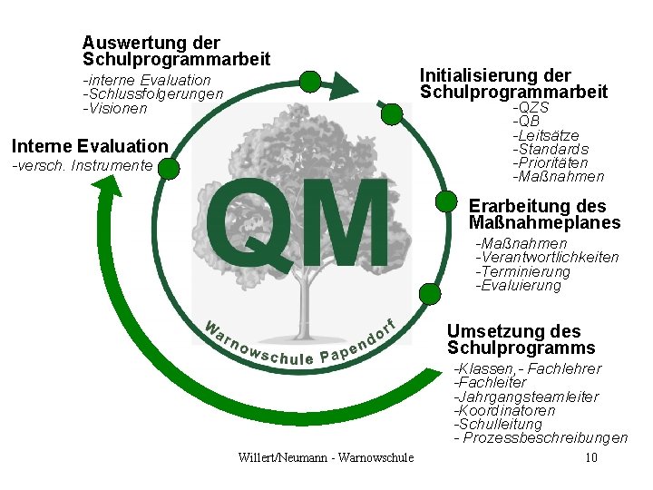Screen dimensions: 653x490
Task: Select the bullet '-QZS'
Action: (x=531, y=108)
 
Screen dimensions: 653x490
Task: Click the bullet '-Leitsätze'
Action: (x=546, y=135)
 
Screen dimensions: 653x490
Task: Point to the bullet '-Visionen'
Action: (x=114, y=108)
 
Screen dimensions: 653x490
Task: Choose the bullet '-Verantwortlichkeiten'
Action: (x=547, y=258)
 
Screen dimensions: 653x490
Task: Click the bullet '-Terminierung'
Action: (x=523, y=271)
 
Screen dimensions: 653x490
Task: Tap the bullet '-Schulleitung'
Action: (x=498, y=424)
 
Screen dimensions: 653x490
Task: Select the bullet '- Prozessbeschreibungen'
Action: (x=541, y=438)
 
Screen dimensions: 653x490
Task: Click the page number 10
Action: (x=591, y=457)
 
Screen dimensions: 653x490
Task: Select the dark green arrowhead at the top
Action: (x=341, y=86)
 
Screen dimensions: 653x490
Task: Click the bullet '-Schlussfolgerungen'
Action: (x=152, y=94)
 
